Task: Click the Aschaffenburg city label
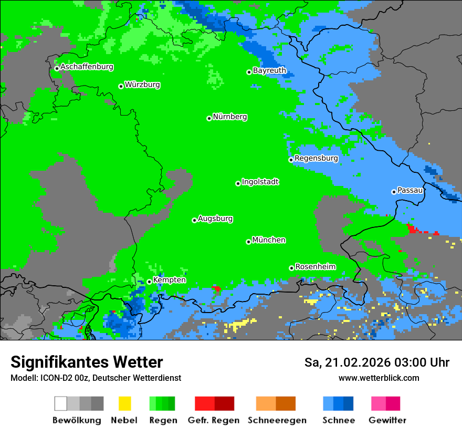coord(87,67)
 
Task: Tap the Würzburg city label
coord(142,85)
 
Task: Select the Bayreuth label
coord(269,70)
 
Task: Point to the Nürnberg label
coord(229,117)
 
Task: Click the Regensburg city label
coord(316,158)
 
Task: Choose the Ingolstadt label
coord(260,182)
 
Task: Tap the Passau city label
coord(409,190)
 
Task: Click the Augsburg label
coord(215,219)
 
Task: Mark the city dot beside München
coord(248,242)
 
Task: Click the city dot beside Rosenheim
coord(291,268)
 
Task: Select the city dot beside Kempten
coord(149,282)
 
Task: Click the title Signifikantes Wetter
coord(87,362)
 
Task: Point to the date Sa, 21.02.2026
coord(348,362)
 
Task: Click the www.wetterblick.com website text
coord(379,378)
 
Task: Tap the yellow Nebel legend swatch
coord(124,403)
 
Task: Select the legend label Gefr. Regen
coord(213,420)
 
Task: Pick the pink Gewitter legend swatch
coord(379,403)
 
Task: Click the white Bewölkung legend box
coord(61,403)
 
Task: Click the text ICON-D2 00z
coord(64,378)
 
